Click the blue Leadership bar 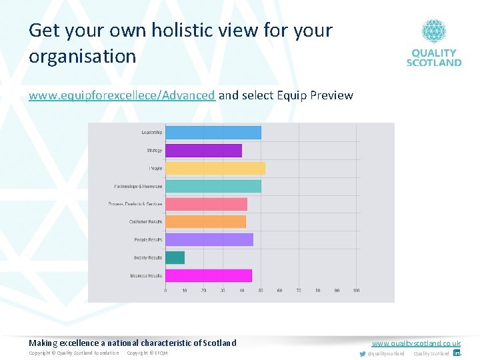pyautogui.click(x=213, y=133)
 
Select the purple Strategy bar pyautogui.click(x=203, y=151)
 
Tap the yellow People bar pyautogui.click(x=215, y=169)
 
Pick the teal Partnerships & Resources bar pyautogui.click(x=213, y=187)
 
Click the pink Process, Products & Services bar pyautogui.click(x=206, y=204)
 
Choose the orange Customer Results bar pyautogui.click(x=205, y=221)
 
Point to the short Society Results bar pyautogui.click(x=175, y=257)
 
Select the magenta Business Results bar pyautogui.click(x=208, y=275)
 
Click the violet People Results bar pyautogui.click(x=209, y=239)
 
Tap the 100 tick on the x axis pyautogui.click(x=357, y=291)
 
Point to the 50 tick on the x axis pyautogui.click(x=261, y=291)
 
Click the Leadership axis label pyautogui.click(x=151, y=133)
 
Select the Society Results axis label pyautogui.click(x=147, y=257)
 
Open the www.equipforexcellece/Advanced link pyautogui.click(x=121, y=95)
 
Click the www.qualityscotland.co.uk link pyautogui.click(x=416, y=343)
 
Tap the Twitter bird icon pyautogui.click(x=363, y=353)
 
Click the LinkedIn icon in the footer pyautogui.click(x=457, y=353)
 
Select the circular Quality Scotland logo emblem pyautogui.click(x=433, y=31)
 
